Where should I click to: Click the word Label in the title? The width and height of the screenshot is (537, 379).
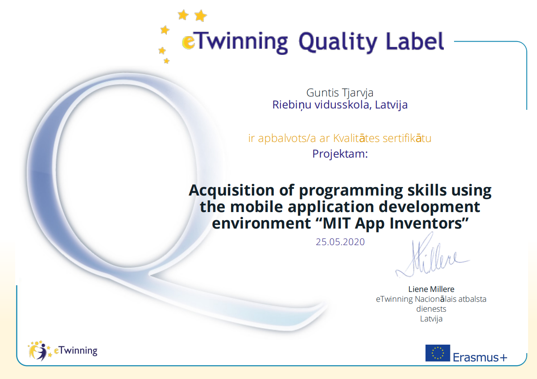(x=415, y=41)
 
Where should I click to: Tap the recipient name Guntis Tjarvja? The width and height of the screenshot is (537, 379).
(x=340, y=93)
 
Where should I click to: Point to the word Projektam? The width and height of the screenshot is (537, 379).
(x=340, y=154)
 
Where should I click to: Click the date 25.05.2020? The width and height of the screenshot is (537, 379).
(x=340, y=242)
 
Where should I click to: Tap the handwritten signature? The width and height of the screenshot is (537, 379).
(x=432, y=257)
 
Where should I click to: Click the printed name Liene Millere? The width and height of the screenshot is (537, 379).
(x=431, y=289)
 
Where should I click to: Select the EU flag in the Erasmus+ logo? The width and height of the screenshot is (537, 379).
(x=438, y=353)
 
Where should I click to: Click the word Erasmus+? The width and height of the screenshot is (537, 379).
(x=480, y=358)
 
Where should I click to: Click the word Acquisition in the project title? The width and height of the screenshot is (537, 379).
(x=231, y=191)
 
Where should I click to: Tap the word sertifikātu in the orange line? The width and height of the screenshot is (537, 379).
(x=407, y=138)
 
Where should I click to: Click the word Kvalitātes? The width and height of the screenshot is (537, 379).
(x=356, y=138)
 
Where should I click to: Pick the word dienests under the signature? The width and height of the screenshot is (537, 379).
(x=431, y=309)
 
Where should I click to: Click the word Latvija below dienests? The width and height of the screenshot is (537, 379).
(x=431, y=319)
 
